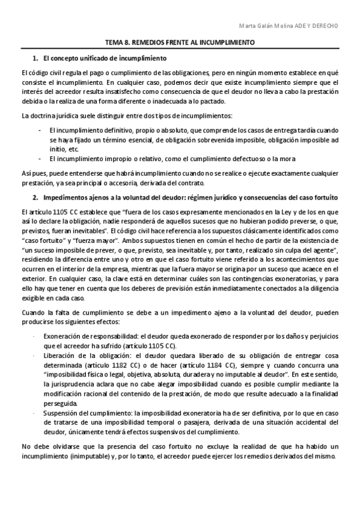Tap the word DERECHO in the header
pos(325,26)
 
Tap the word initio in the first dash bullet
pos(58,148)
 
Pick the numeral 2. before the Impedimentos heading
pos(35,197)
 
